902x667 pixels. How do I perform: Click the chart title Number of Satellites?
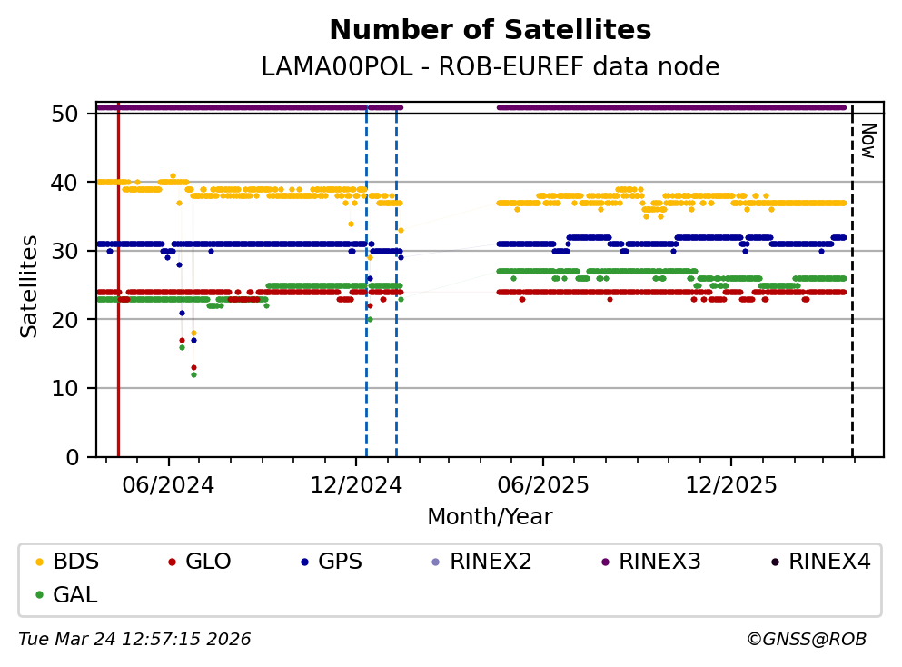point(490,31)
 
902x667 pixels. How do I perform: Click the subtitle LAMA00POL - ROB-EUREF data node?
point(490,67)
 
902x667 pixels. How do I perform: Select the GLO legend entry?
point(208,562)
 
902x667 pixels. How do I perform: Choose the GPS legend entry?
point(341,562)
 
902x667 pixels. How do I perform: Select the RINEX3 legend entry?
point(659,562)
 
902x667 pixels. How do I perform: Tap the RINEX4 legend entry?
point(829,562)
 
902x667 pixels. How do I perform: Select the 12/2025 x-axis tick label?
point(731,484)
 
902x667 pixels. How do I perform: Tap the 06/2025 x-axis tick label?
point(543,484)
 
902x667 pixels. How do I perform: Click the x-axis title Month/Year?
point(490,517)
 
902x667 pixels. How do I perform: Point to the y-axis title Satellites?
point(30,286)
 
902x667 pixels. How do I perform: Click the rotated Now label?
point(867,141)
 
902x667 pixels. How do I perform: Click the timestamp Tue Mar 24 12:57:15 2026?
point(134,640)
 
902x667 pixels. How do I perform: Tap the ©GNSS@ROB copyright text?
point(806,640)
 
